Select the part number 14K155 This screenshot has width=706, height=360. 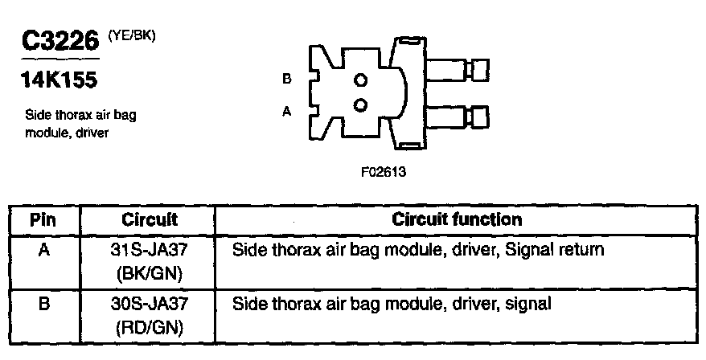pos(57,80)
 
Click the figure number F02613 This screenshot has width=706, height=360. pos(380,171)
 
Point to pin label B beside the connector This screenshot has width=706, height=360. pos(286,80)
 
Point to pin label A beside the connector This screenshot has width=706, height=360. pos(286,112)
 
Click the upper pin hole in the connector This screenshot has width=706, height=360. pos(360,80)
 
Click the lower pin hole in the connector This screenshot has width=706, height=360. pos(360,104)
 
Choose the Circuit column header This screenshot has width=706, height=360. pos(149,219)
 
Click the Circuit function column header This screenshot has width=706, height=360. pos(457,219)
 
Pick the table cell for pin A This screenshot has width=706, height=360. pos(44,250)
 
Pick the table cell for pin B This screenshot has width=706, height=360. pos(44,305)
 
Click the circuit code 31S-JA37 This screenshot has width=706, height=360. pos(149,250)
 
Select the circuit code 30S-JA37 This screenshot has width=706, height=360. pos(149,305)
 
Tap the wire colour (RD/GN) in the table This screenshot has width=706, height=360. pos(149,327)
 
